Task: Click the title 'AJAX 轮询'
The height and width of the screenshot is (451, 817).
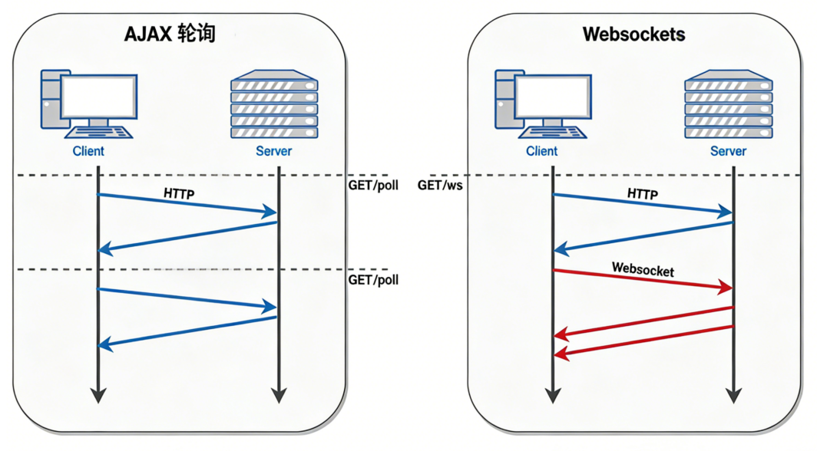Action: point(170,35)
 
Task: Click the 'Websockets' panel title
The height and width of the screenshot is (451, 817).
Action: point(633,35)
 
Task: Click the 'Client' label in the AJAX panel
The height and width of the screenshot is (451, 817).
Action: point(88,151)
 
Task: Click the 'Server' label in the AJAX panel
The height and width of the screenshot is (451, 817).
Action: point(274,151)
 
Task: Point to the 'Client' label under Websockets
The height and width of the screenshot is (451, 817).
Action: point(542,151)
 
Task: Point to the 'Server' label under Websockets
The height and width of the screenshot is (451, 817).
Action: point(728,151)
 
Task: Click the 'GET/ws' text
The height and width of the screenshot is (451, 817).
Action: point(440,186)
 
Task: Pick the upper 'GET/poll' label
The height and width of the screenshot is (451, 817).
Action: point(373,186)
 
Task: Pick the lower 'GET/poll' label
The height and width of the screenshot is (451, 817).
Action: point(373,280)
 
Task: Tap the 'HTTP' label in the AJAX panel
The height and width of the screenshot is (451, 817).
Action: point(179,194)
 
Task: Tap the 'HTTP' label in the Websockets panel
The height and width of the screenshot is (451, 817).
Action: point(642,194)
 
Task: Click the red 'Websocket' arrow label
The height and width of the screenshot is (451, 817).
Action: point(643,270)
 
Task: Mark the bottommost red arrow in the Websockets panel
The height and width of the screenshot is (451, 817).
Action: point(643,341)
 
